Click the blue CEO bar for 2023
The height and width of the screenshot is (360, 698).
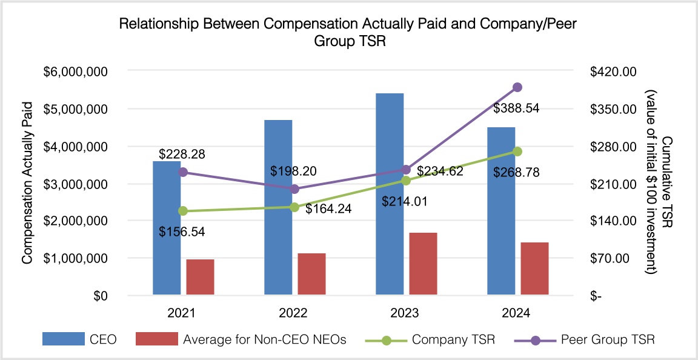pos(390,194)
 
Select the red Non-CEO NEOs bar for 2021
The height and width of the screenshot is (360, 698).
pos(201,278)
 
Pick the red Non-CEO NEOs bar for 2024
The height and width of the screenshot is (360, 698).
pos(534,269)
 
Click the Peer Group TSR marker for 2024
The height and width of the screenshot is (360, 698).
pos(517,87)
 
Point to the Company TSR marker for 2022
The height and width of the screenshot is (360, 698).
pos(294,207)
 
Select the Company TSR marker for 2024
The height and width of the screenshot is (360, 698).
pos(517,152)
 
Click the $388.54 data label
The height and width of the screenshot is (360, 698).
pos(516,109)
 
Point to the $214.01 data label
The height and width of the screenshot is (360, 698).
pos(404,201)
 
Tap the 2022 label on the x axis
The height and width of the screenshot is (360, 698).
pos(293,313)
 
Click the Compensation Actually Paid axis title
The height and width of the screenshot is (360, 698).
pos(27,183)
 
